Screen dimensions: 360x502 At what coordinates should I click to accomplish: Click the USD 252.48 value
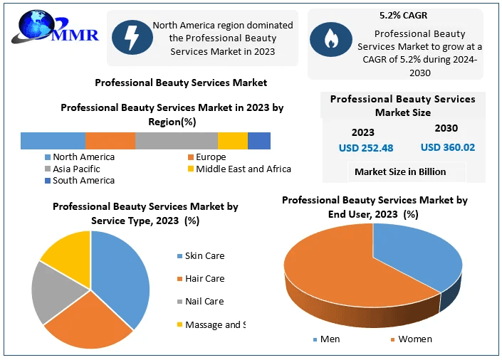[365, 148]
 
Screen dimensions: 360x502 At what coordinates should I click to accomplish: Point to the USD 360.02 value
[448, 147]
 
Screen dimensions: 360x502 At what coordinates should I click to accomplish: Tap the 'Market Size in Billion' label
[400, 171]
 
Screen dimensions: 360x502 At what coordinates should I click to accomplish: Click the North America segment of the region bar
[53, 141]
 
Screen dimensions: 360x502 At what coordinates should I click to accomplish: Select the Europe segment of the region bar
[110, 141]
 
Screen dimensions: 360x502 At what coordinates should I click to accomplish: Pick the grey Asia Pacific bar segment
[176, 141]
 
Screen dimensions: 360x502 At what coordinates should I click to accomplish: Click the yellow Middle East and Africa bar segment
[232, 141]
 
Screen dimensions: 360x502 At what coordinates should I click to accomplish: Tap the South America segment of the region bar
[259, 141]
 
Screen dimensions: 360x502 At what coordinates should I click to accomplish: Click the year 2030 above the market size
[446, 129]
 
